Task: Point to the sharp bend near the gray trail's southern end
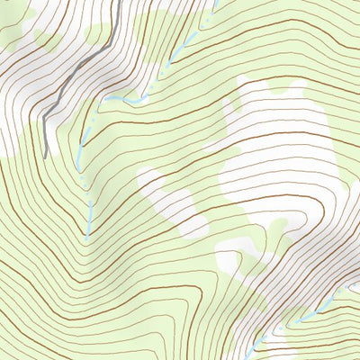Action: point(44,117)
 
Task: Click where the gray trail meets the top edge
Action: point(120,1)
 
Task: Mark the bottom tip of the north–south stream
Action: point(87,236)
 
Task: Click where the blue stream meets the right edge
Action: point(358,285)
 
